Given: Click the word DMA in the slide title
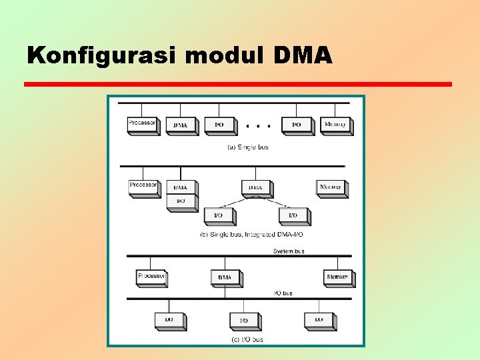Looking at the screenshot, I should coord(302,55).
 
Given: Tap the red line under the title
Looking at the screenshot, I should coord(237,85).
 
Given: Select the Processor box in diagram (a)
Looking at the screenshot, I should coord(143,124).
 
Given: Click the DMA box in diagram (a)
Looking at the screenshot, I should coord(181,125).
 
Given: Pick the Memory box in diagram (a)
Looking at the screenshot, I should coord(336,125).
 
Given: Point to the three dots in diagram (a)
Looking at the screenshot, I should coord(258,125).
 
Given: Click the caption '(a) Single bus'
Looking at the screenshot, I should coord(247,147).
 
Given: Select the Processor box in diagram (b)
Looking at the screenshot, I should coord(144,186).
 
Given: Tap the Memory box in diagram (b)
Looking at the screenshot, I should coord(331,187).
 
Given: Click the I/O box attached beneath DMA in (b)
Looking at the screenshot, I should coord(181,201).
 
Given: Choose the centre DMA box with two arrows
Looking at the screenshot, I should coord(256,188).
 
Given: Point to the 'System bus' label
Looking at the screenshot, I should coord(289,251).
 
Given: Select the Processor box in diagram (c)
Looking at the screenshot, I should coord(151,277).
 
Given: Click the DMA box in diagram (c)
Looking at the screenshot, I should coord(225,277).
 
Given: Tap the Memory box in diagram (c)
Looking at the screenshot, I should coord(338,277).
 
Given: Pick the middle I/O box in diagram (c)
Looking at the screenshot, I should coord(245,321).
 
